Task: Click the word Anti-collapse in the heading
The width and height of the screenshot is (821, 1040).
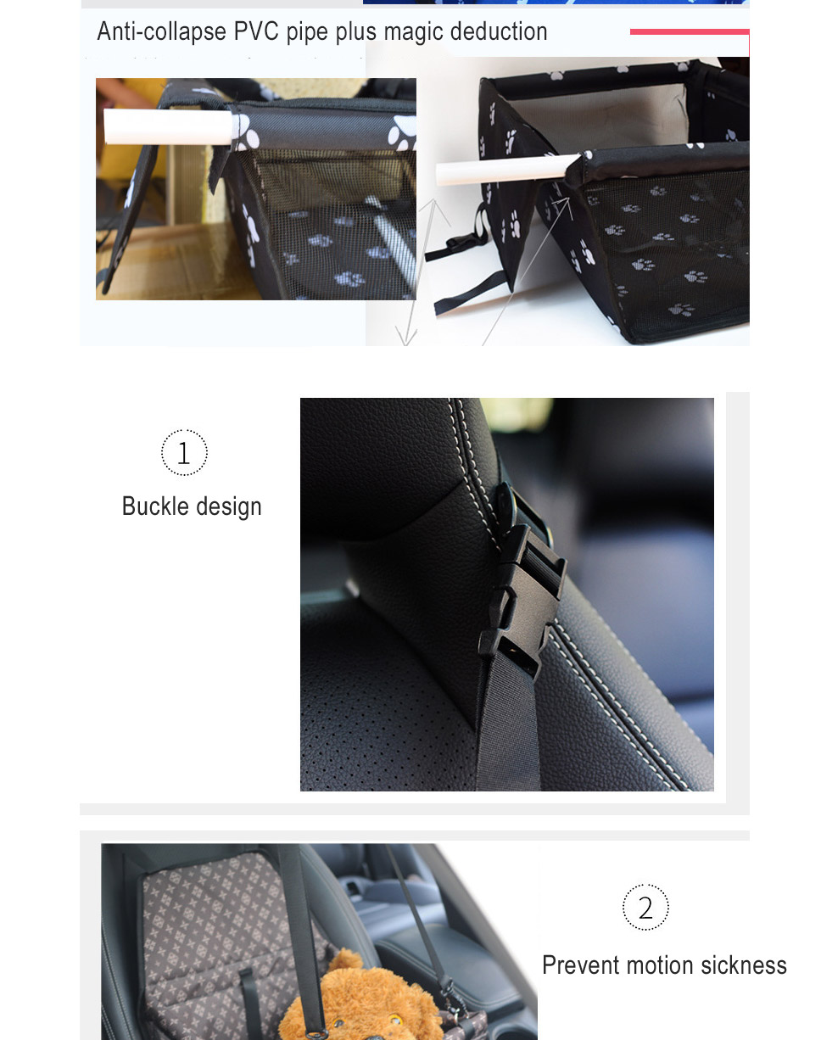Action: click(x=161, y=32)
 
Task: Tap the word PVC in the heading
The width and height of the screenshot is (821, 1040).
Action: click(x=256, y=31)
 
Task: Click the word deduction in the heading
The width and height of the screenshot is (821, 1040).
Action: click(x=499, y=31)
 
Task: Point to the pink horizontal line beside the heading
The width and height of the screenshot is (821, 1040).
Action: click(x=690, y=32)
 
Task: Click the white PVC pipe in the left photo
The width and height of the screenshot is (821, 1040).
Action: click(x=168, y=126)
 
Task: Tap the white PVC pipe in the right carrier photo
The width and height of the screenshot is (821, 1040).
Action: click(x=507, y=171)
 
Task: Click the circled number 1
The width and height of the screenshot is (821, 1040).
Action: click(x=184, y=453)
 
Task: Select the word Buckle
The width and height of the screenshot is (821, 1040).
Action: click(x=155, y=506)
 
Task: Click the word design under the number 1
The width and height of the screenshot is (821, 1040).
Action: click(x=228, y=507)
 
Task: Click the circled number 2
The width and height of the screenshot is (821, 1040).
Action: click(x=645, y=907)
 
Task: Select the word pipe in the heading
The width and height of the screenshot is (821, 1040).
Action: click(x=307, y=33)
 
